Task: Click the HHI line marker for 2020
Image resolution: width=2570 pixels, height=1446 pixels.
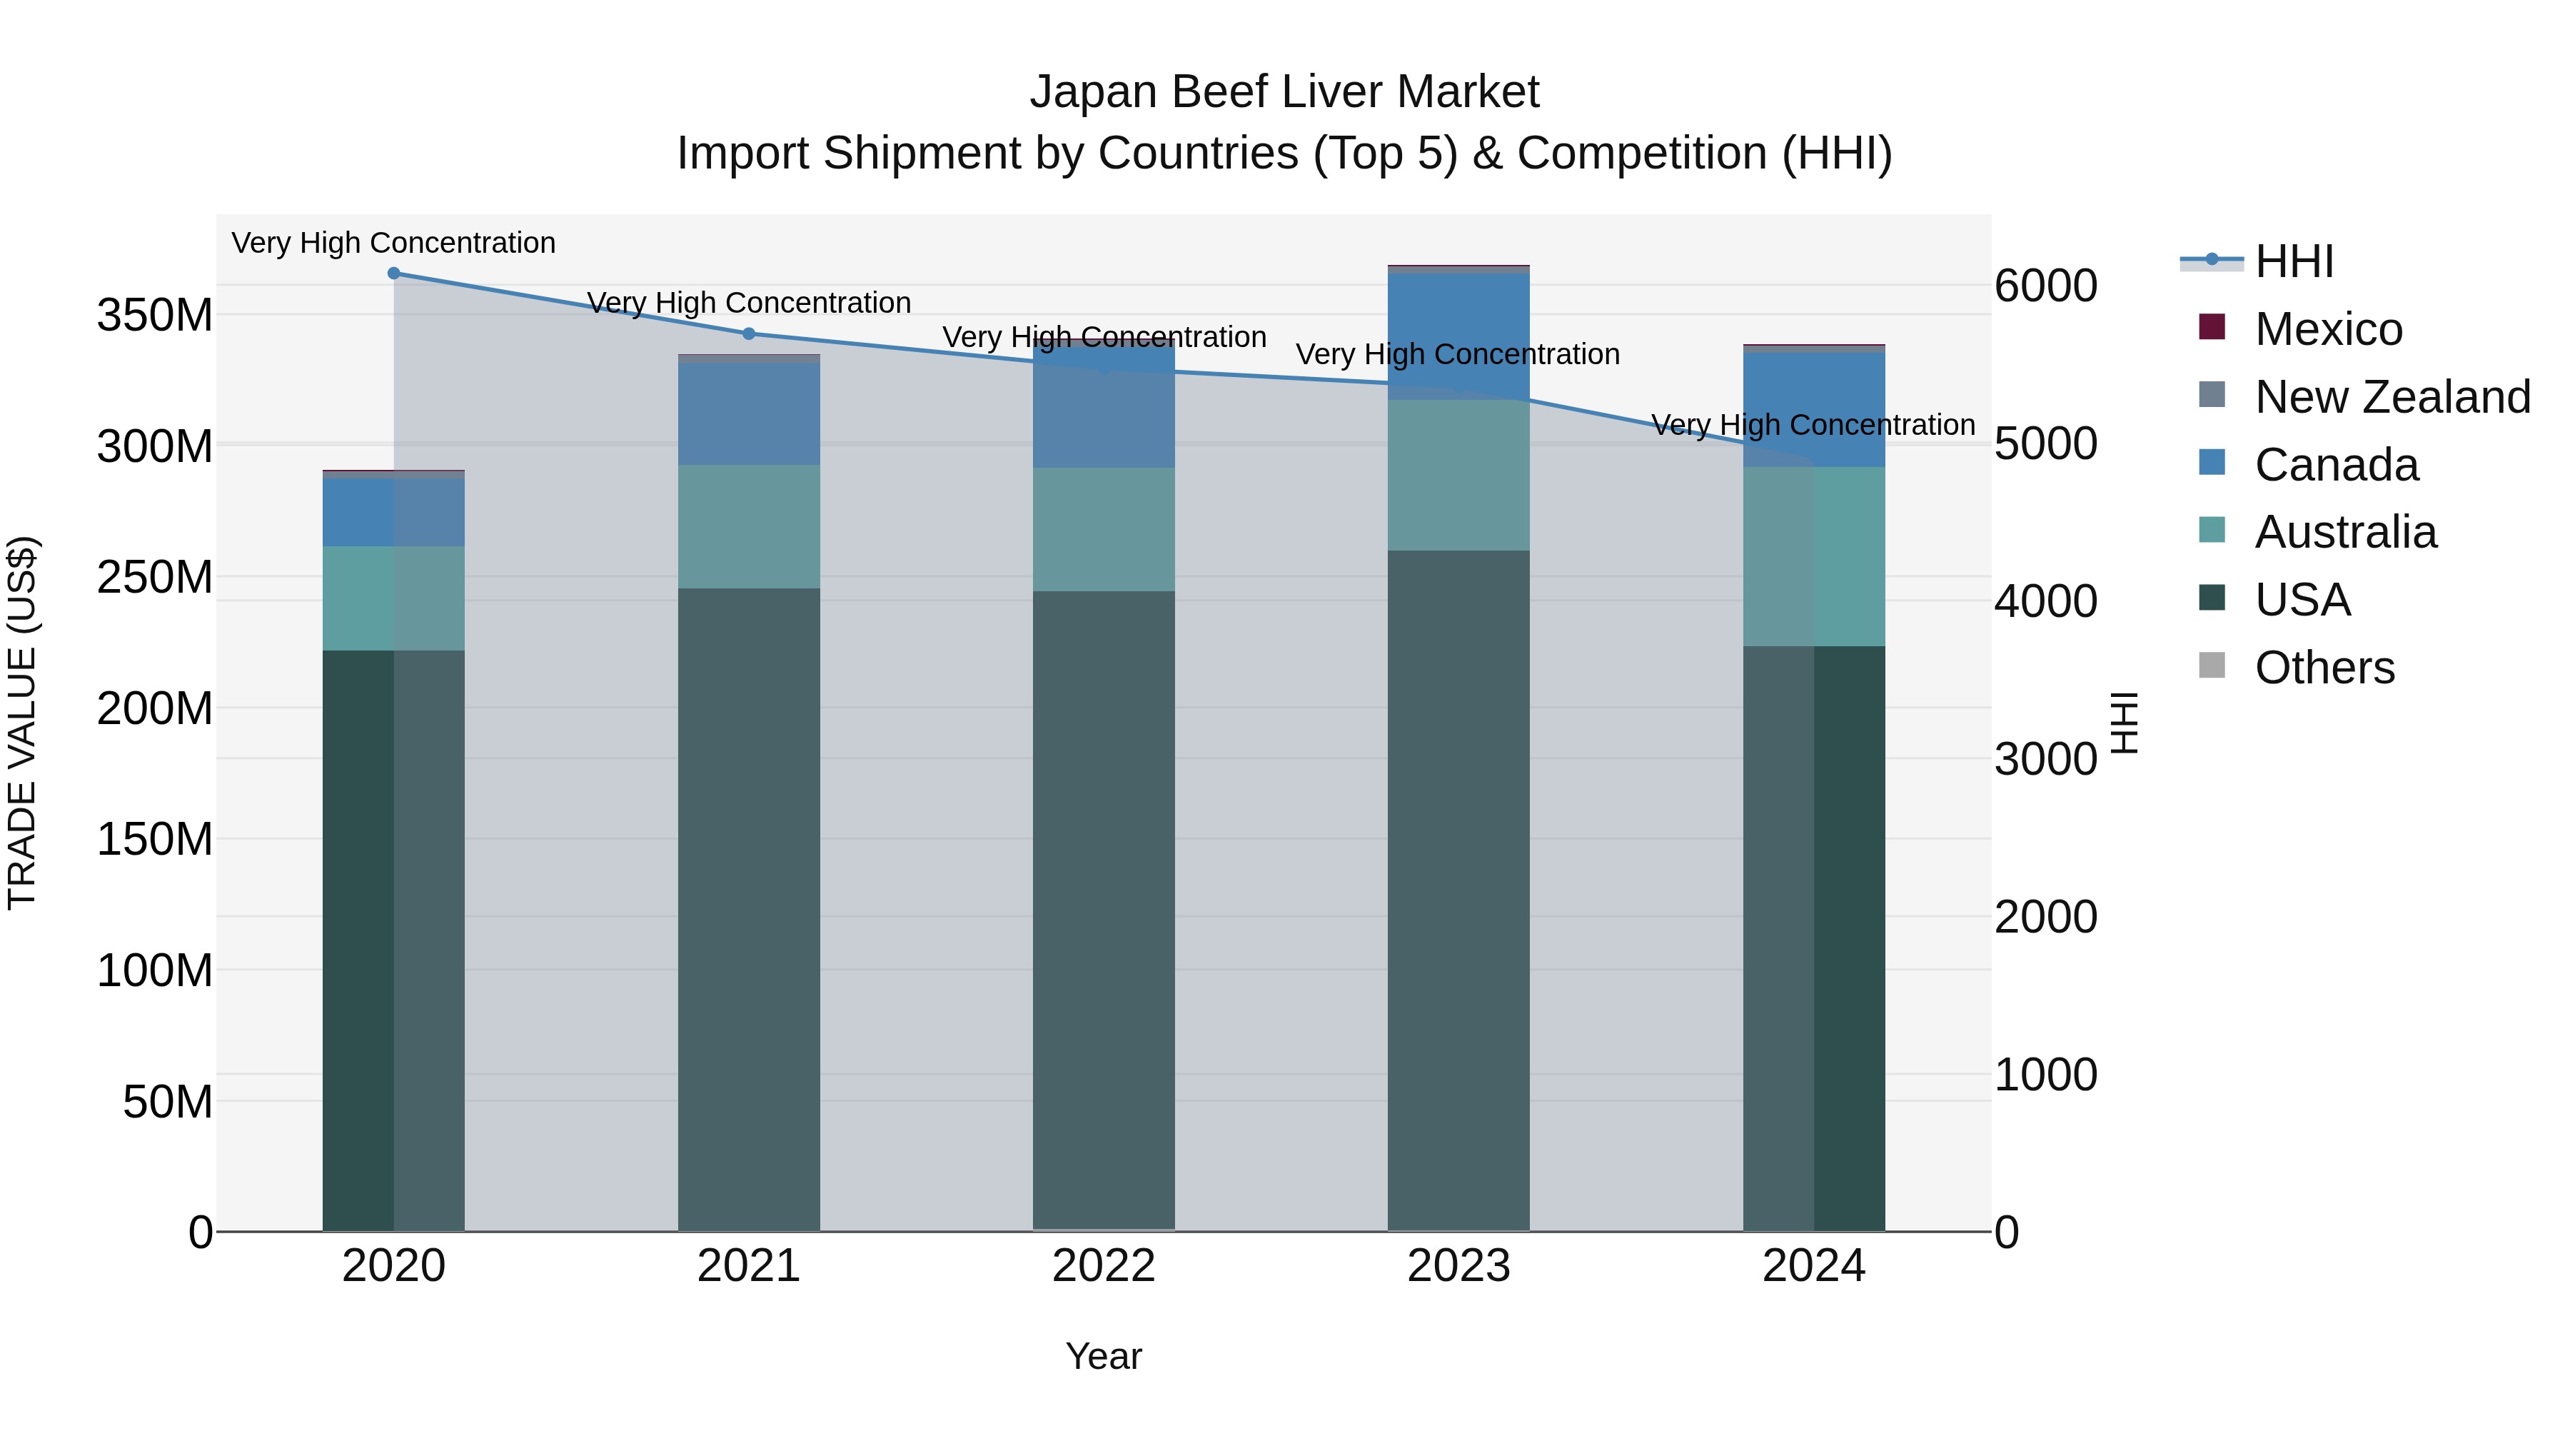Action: (393, 273)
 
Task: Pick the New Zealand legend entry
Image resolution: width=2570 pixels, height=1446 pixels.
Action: (2392, 397)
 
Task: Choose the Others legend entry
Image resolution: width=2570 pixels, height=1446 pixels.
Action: (2324, 668)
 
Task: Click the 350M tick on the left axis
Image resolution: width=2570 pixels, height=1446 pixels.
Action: (155, 316)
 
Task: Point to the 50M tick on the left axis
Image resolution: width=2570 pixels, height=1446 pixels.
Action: (166, 1102)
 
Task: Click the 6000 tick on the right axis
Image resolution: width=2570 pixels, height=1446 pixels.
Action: (2045, 286)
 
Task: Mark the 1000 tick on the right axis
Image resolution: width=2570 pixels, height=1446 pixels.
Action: (2045, 1075)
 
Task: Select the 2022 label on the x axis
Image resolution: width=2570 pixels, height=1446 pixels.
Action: (1104, 1266)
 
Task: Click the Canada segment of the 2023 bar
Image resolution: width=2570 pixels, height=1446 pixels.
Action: (1458, 336)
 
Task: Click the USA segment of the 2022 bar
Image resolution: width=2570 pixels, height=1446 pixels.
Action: (1104, 908)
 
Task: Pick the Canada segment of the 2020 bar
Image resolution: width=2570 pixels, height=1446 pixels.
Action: (393, 511)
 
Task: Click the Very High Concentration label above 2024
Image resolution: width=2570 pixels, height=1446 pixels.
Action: (1813, 425)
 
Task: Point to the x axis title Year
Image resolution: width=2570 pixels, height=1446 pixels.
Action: (1104, 1356)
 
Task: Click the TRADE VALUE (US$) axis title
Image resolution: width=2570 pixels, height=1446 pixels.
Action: (22, 723)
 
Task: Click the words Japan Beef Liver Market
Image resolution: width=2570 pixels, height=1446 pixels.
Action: (1284, 92)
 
